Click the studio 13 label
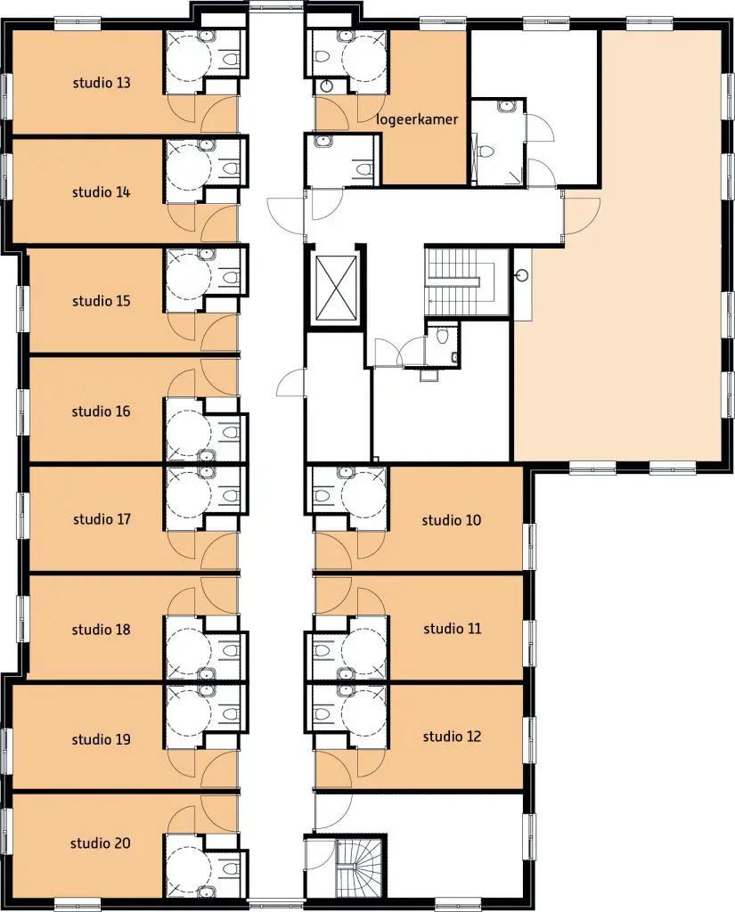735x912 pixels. (x=102, y=83)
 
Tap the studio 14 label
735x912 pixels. (x=101, y=192)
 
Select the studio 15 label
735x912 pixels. (x=102, y=301)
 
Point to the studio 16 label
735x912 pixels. (x=101, y=411)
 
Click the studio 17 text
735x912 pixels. (x=102, y=519)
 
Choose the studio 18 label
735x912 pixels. (x=101, y=630)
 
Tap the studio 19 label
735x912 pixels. (x=101, y=739)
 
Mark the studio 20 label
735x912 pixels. (x=100, y=843)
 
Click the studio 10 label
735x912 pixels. (x=452, y=520)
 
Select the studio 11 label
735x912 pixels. (x=453, y=628)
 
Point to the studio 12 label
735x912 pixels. (x=453, y=737)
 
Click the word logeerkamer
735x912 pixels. (x=417, y=120)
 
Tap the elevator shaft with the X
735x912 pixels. (x=337, y=288)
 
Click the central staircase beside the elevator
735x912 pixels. (x=460, y=282)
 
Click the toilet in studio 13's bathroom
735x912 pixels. (x=232, y=60)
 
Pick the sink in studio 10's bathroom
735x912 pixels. (x=346, y=472)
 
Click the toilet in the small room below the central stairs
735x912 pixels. (x=442, y=336)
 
